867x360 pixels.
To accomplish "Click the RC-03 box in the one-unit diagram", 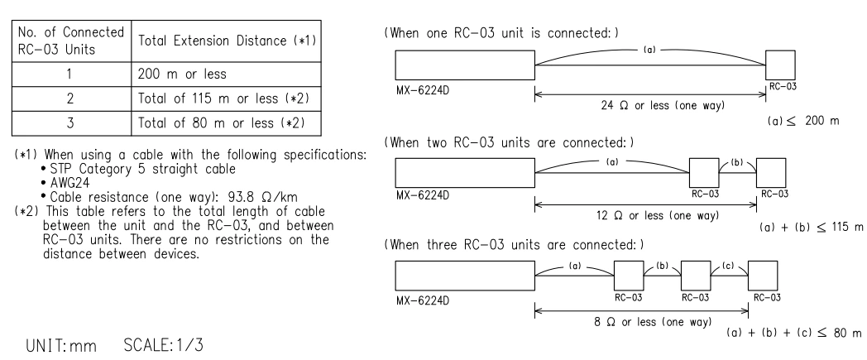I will click(780, 65).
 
